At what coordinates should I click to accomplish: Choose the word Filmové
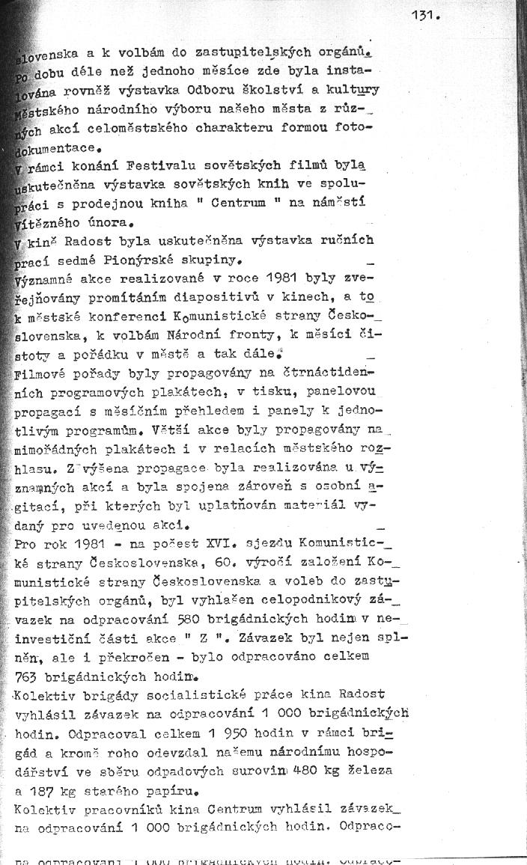coord(43,371)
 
